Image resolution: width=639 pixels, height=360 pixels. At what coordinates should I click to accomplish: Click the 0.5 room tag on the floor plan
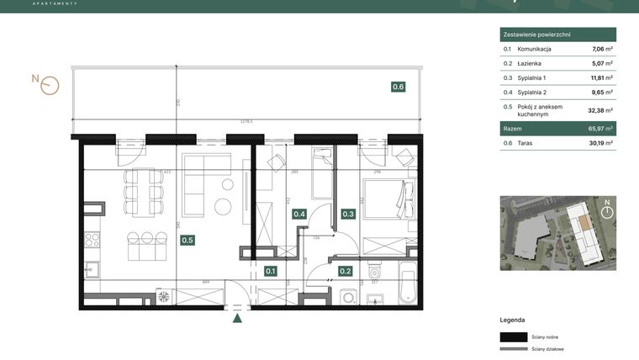pyautogui.click(x=187, y=240)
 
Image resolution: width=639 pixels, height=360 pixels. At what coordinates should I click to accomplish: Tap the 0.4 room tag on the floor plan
pyautogui.click(x=299, y=214)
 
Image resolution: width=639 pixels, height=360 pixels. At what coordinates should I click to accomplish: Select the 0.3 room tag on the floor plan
pyautogui.click(x=348, y=214)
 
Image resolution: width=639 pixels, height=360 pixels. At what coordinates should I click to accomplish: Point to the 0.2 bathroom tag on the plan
pyautogui.click(x=345, y=271)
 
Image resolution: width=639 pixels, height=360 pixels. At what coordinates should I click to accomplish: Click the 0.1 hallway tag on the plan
pyautogui.click(x=271, y=271)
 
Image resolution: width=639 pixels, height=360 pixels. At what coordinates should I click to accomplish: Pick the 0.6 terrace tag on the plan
pyautogui.click(x=398, y=86)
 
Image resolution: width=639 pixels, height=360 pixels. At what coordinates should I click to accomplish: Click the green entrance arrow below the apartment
pyautogui.click(x=238, y=317)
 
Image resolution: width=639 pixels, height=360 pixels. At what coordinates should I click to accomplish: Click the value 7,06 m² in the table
pyautogui.click(x=602, y=50)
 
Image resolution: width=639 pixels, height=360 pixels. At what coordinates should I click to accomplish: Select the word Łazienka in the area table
pyautogui.click(x=531, y=63)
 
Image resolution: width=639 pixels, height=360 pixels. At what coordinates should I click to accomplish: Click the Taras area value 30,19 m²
pyautogui.click(x=600, y=143)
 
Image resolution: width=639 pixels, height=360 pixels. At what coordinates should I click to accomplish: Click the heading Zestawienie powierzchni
pyautogui.click(x=536, y=34)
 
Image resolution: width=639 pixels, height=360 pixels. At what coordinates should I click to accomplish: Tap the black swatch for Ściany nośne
pyautogui.click(x=513, y=336)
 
